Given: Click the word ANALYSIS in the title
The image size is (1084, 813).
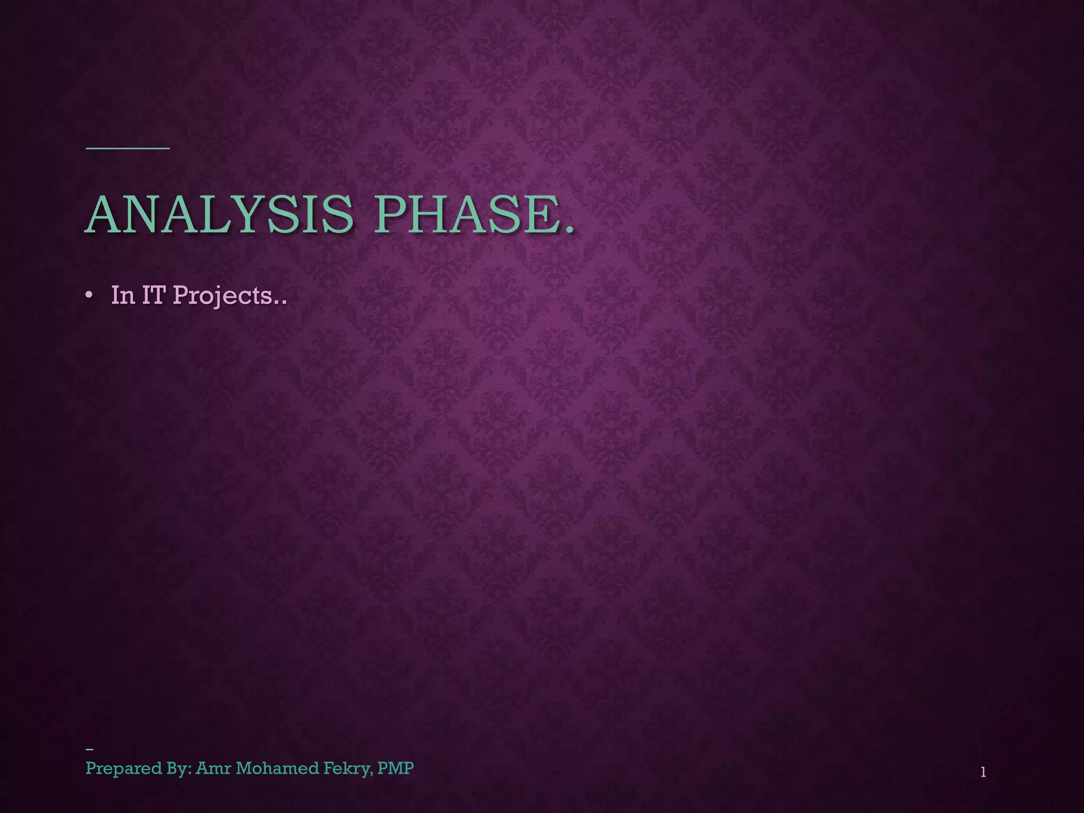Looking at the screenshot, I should [x=219, y=215].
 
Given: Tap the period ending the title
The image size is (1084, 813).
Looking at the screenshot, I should [x=569, y=230].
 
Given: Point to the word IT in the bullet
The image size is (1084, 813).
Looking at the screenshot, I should [x=153, y=295].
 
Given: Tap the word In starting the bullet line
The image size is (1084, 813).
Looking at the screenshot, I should [x=123, y=295].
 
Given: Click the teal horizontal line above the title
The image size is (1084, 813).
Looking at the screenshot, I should [x=128, y=148].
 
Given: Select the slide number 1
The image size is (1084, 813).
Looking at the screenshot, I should [x=983, y=772].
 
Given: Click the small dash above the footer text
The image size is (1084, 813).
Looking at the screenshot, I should [x=89, y=749].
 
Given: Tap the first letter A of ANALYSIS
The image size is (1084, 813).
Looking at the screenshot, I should [x=106, y=215].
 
